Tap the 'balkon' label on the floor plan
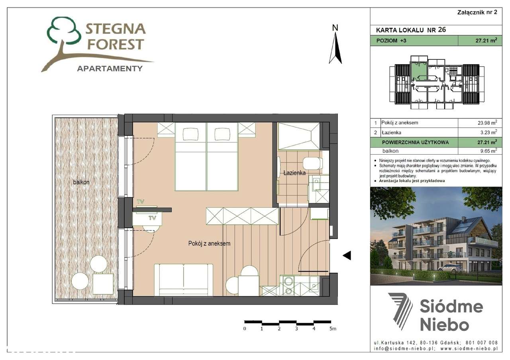(x=81, y=182)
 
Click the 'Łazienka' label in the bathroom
(x=294, y=173)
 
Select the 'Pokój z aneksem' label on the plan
(x=209, y=243)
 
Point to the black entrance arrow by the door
(x=347, y=256)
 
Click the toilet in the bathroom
(x=312, y=163)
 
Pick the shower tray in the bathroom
(x=298, y=136)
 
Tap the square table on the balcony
(x=102, y=283)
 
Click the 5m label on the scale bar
(x=333, y=329)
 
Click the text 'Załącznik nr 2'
(x=477, y=12)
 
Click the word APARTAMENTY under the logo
(x=109, y=68)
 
